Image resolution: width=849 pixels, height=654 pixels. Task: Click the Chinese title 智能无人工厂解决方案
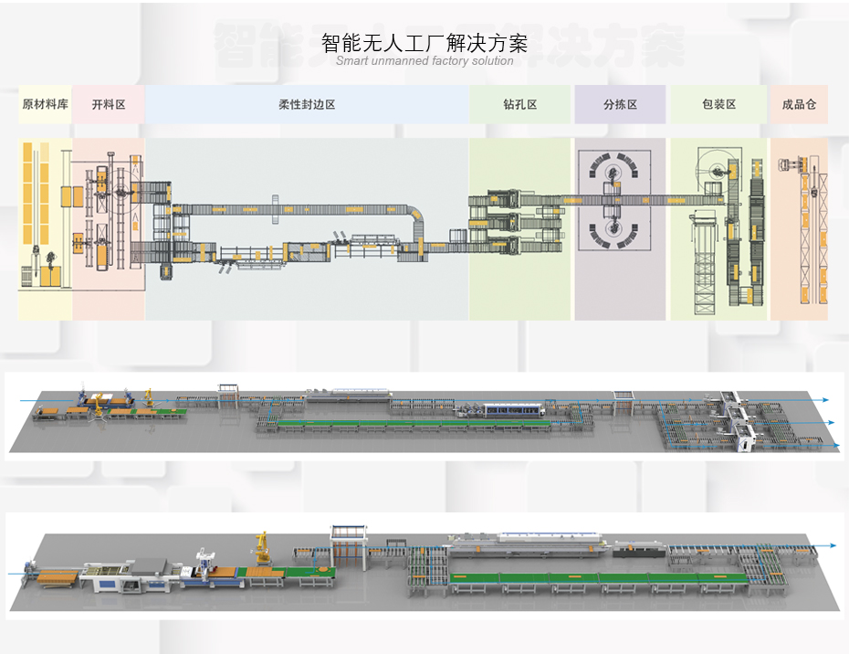pyautogui.click(x=424, y=43)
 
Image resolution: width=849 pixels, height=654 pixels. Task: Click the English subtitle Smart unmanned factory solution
pyautogui.click(x=424, y=61)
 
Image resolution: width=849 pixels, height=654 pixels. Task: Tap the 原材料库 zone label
pyautogui.click(x=45, y=105)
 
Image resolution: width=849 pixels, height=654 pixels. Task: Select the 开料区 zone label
pyautogui.click(x=109, y=105)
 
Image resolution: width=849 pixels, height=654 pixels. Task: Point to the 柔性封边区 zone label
pyautogui.click(x=307, y=105)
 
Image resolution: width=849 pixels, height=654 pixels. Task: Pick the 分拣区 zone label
pyautogui.click(x=620, y=105)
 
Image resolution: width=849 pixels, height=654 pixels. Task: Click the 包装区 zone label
pyautogui.click(x=718, y=105)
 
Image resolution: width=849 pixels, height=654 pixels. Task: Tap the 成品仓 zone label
pyautogui.click(x=798, y=105)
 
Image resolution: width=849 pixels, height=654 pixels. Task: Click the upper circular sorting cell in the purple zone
pyautogui.click(x=612, y=170)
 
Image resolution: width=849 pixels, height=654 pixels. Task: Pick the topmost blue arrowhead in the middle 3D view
pyautogui.click(x=824, y=400)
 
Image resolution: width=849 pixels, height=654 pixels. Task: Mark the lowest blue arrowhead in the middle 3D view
pyautogui.click(x=835, y=445)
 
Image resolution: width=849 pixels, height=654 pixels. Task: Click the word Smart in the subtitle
pyautogui.click(x=351, y=61)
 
